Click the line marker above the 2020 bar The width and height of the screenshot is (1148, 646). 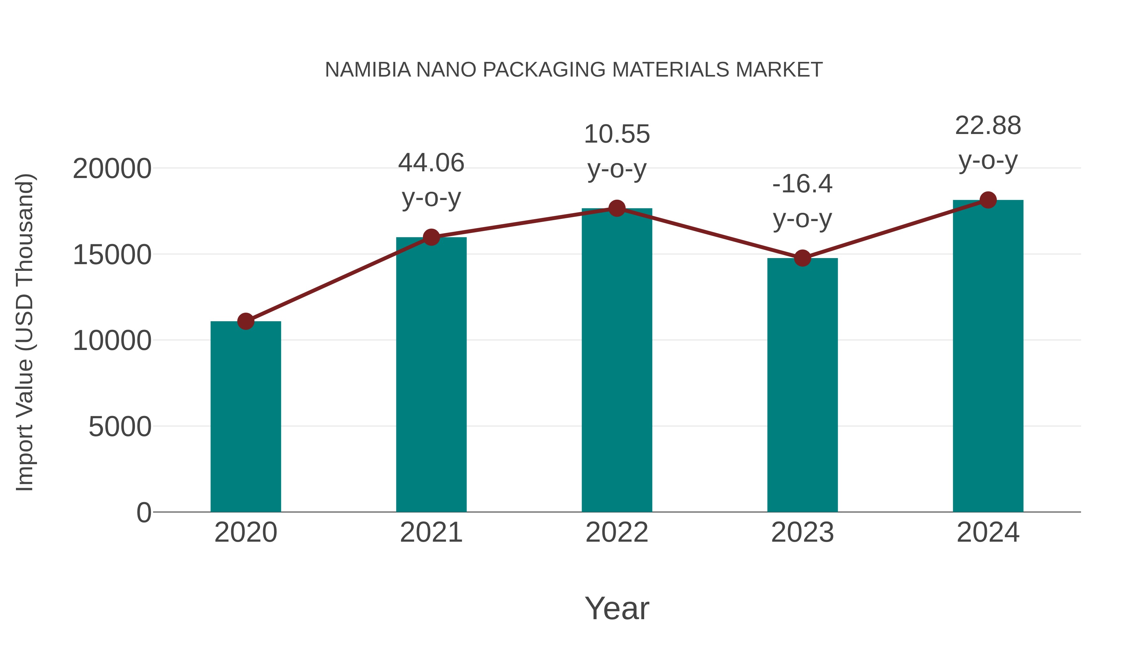(x=246, y=321)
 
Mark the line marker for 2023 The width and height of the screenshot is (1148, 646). (x=802, y=258)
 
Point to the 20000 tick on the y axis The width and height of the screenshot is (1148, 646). (x=112, y=169)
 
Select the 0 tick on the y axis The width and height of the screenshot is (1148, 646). (x=143, y=513)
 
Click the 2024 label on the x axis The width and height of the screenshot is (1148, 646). (x=988, y=532)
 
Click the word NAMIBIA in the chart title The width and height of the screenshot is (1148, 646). (x=368, y=70)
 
